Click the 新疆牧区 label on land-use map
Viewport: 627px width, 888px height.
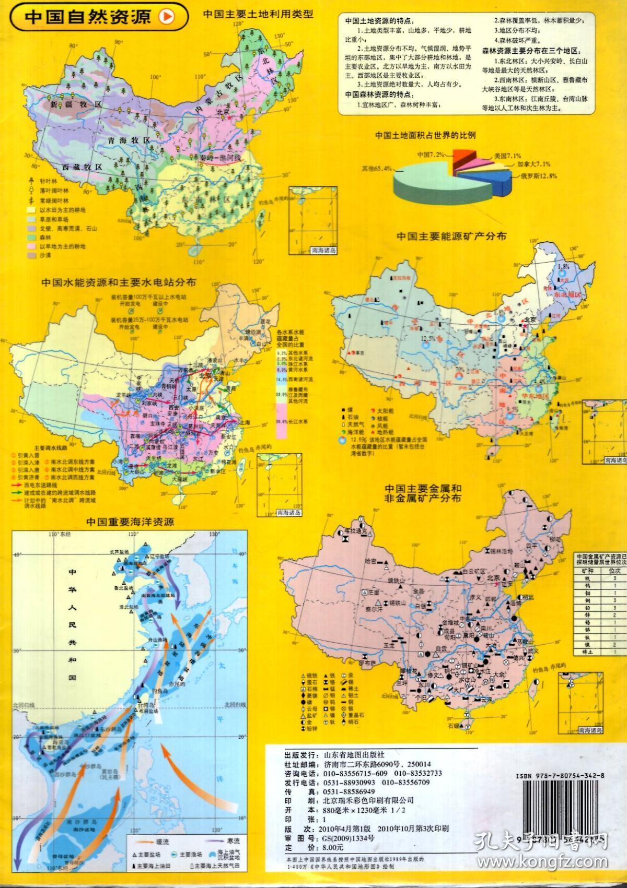75,104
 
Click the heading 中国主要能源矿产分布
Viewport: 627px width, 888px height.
451,235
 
